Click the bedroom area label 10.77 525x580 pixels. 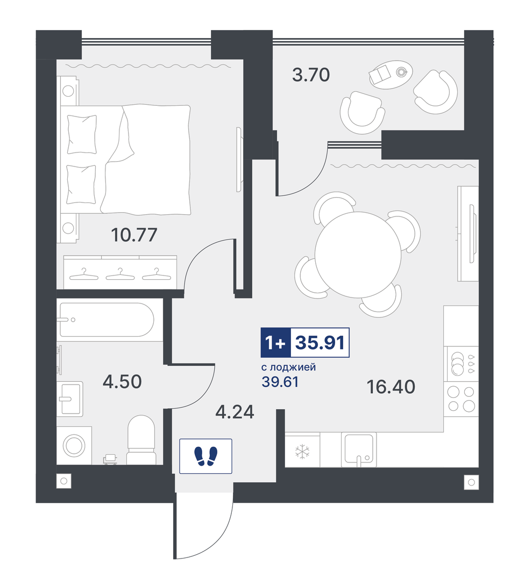[x=134, y=235]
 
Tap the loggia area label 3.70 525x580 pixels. [x=311, y=75]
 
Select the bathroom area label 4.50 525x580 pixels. [x=122, y=381]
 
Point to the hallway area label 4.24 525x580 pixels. [x=235, y=412]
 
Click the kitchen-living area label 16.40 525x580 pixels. [x=391, y=387]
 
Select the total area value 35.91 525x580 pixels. [x=320, y=343]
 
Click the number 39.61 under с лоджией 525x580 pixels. [x=280, y=382]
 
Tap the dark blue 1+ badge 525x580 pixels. [x=275, y=343]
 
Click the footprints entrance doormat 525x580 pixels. [x=205, y=456]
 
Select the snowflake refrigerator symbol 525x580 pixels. [x=302, y=452]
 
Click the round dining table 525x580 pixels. [x=358, y=255]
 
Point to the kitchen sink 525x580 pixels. [x=359, y=448]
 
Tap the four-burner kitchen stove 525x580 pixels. [x=462, y=398]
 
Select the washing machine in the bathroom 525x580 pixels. [x=74, y=445]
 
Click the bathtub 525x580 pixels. [x=107, y=320]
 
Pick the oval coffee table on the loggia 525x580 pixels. [x=391, y=74]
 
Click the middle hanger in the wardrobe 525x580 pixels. [x=120, y=274]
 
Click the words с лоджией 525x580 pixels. [x=289, y=367]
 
